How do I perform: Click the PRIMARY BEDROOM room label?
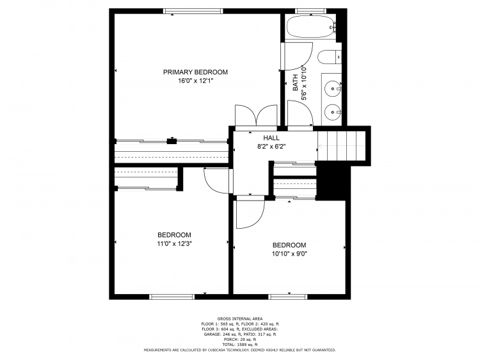point(195,72)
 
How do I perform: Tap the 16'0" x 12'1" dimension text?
point(195,81)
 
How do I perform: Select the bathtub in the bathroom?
point(310,28)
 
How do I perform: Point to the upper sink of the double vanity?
point(333,87)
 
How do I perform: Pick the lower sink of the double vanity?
point(333,111)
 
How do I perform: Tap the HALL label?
point(271,138)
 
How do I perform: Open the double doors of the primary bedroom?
point(256,115)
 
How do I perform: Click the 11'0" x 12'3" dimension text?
point(175,243)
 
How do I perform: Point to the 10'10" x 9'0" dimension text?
point(289,254)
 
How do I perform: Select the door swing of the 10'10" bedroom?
point(249,213)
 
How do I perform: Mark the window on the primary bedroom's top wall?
point(193,11)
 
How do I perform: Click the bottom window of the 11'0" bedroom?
point(172,297)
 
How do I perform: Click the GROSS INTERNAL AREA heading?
point(239,318)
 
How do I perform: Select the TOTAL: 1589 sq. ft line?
point(239,345)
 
